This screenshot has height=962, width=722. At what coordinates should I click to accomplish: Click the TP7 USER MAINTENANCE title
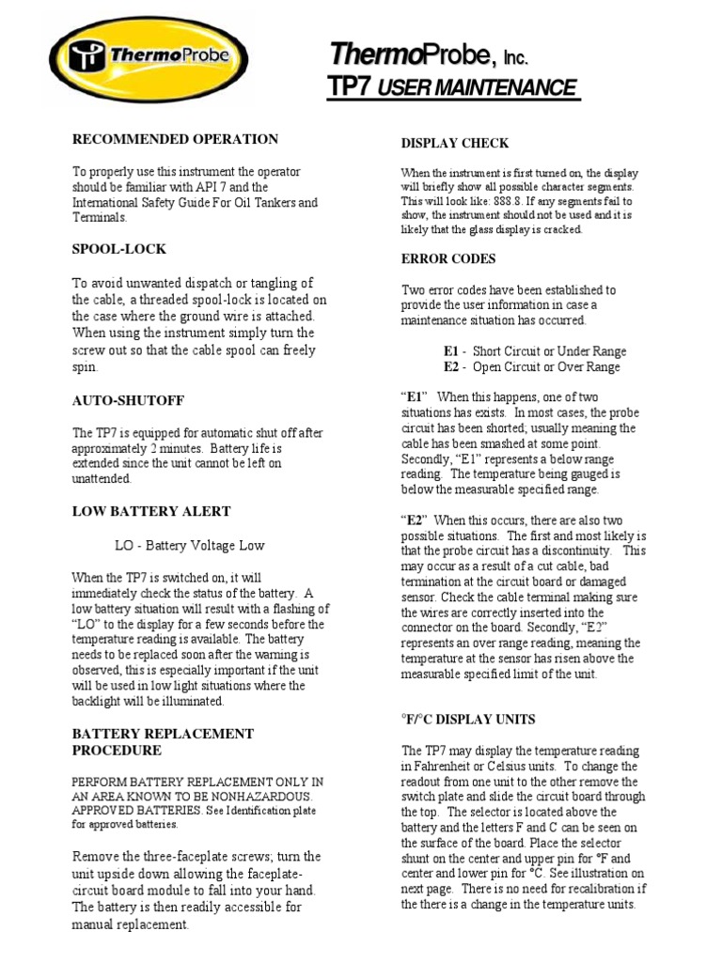click(x=451, y=87)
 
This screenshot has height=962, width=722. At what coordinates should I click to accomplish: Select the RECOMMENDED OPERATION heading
click(x=176, y=139)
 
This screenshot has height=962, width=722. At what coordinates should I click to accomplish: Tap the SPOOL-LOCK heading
click(x=119, y=249)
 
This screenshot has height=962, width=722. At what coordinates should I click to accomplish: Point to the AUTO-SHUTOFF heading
click(x=129, y=400)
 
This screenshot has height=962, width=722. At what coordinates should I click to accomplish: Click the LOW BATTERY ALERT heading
click(x=151, y=511)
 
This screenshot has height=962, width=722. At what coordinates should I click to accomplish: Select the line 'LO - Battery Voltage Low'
click(x=190, y=545)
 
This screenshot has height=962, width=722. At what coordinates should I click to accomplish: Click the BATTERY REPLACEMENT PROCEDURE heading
click(x=163, y=741)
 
